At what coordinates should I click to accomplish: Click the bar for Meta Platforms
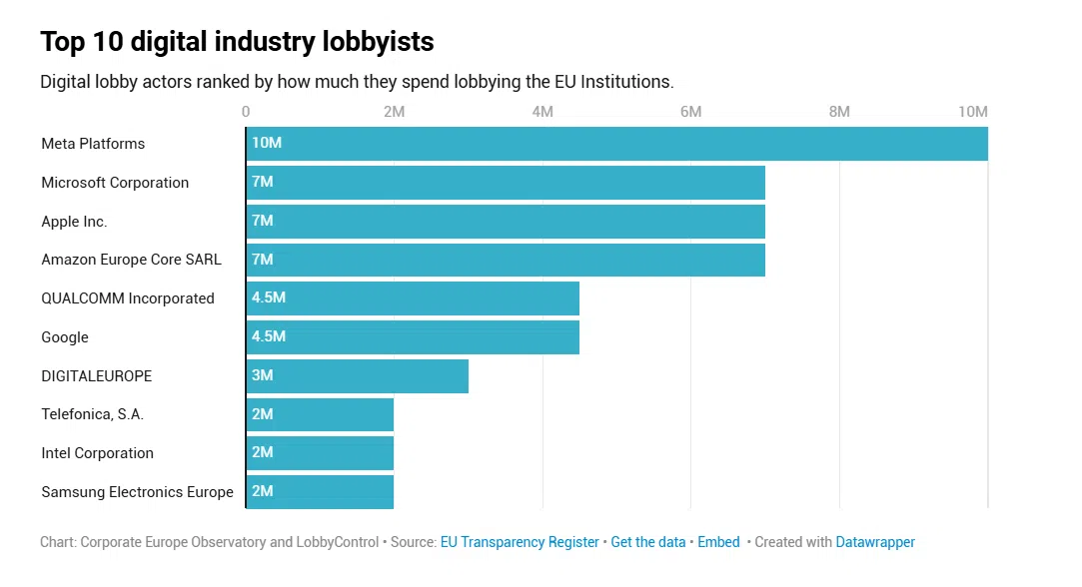[616, 144]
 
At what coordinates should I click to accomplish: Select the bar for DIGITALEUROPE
[357, 376]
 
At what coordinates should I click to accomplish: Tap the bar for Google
[413, 337]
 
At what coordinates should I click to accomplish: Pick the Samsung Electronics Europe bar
[320, 492]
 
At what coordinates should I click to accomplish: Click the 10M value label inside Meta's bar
[267, 144]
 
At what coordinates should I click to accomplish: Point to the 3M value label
[263, 376]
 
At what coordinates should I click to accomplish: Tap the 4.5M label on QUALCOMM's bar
[269, 298]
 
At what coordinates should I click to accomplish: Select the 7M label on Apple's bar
[263, 221]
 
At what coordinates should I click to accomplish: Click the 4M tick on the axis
[542, 112]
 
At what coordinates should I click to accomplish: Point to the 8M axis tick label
[839, 112]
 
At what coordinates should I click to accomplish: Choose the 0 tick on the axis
[246, 112]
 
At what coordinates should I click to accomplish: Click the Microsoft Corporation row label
[115, 183]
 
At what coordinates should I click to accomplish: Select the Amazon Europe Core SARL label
[131, 260]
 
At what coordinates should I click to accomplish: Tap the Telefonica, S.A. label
[93, 414]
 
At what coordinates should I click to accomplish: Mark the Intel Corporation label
[97, 453]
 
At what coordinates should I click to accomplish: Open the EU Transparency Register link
[520, 542]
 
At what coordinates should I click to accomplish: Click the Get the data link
[648, 542]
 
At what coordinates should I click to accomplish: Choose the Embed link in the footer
[718, 542]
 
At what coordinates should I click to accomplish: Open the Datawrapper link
[875, 542]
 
